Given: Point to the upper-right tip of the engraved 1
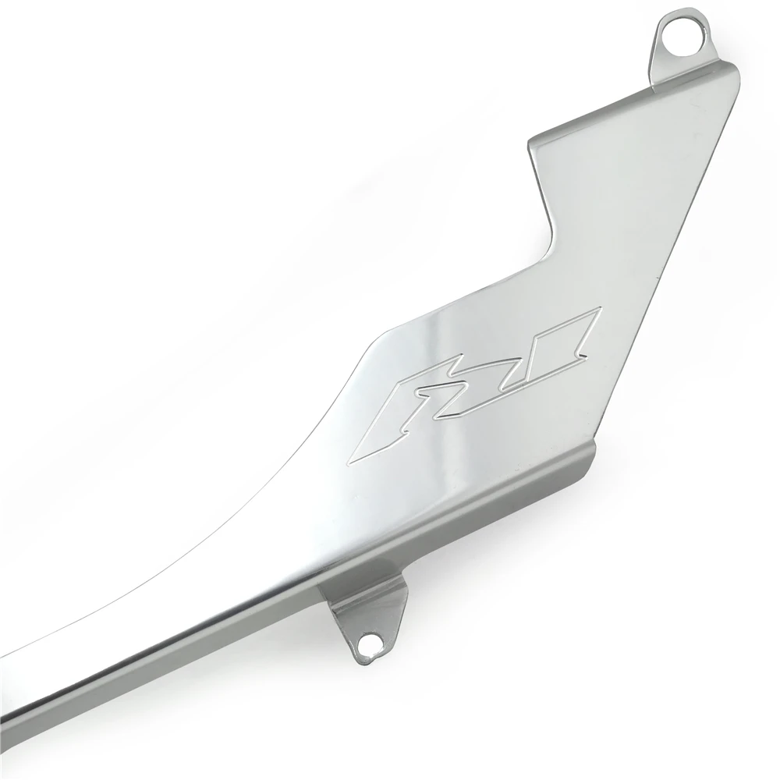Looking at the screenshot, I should (599, 310).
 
